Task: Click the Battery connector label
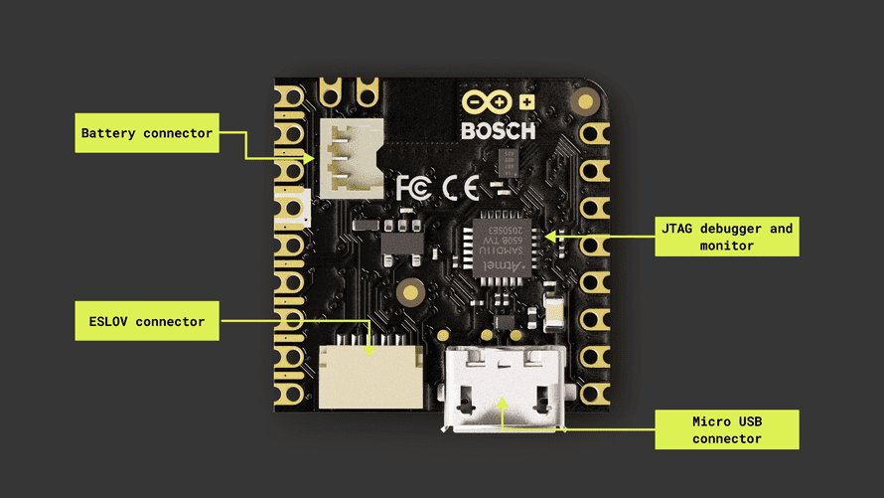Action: (x=147, y=133)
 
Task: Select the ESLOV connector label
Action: (x=147, y=321)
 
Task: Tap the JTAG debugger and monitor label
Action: (x=727, y=237)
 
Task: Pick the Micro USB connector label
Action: (x=727, y=428)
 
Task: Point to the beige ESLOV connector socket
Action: (x=370, y=375)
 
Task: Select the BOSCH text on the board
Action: (x=499, y=130)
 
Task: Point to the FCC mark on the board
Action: (x=415, y=187)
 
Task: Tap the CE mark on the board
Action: (x=463, y=187)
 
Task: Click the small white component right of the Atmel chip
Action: (x=555, y=307)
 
